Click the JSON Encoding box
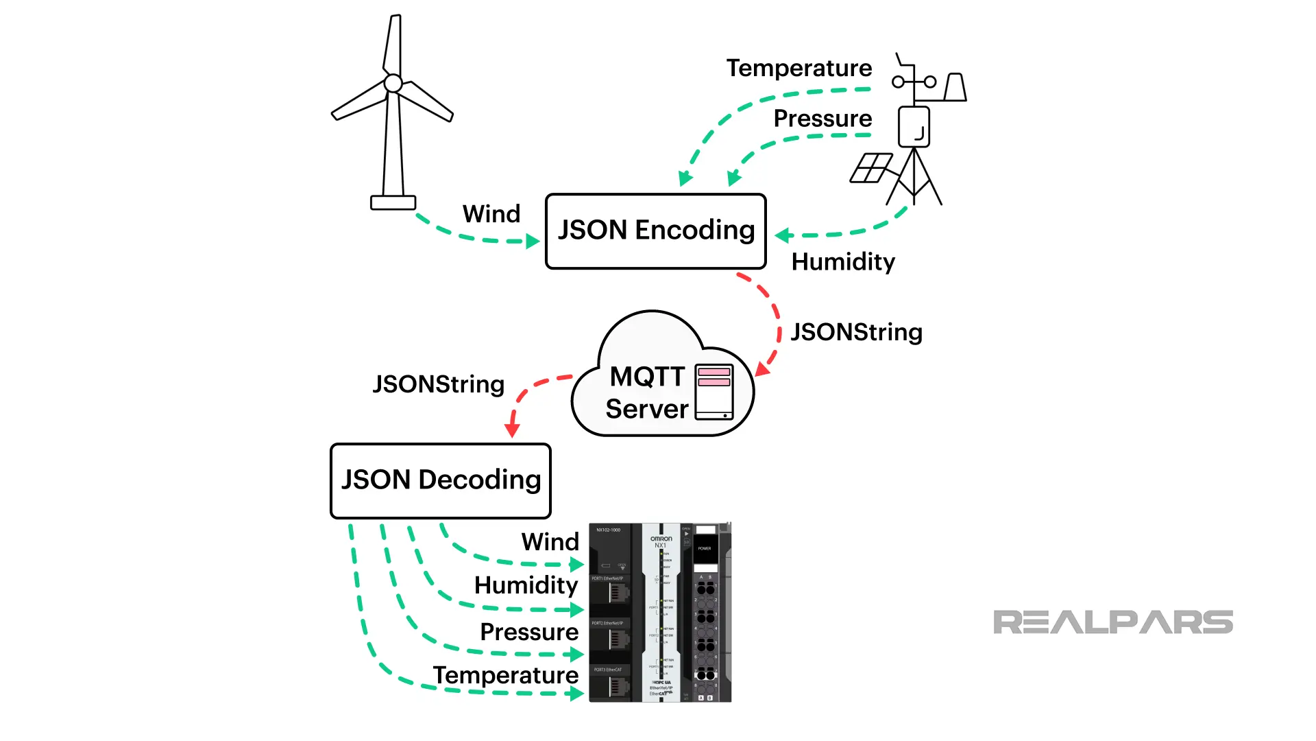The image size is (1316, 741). [655, 231]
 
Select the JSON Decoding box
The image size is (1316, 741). [440, 480]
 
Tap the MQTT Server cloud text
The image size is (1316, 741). [646, 392]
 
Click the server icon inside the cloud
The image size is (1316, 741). [714, 392]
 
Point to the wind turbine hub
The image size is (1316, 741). [393, 84]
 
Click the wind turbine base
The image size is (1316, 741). [393, 202]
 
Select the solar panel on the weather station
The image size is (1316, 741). [870, 168]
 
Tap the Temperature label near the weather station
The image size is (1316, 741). [799, 68]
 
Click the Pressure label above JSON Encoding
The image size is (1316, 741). [822, 118]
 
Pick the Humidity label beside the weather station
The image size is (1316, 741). [843, 261]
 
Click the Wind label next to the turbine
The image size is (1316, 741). [491, 213]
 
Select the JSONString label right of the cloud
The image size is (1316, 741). [856, 332]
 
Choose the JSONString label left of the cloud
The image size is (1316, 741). [438, 384]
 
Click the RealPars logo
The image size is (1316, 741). [1112, 622]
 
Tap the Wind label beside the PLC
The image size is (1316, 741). [550, 542]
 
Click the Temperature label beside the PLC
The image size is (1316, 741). [505, 675]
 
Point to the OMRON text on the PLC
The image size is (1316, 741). [661, 539]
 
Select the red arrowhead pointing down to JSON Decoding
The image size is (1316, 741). [511, 430]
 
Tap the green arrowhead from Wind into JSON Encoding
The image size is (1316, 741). [533, 242]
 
